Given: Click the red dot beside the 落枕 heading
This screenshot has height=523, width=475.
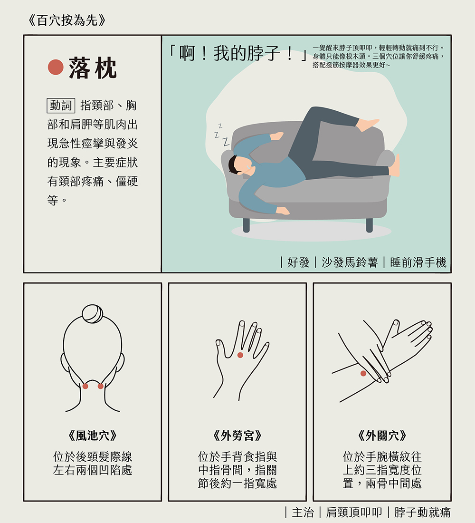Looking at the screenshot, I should [x=56, y=68].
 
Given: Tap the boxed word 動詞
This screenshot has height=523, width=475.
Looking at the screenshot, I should [x=60, y=106].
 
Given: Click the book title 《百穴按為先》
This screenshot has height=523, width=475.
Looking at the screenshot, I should [x=66, y=21].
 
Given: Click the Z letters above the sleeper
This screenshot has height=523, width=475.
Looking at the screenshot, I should [x=221, y=136].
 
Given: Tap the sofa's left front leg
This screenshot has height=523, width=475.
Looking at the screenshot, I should [x=246, y=224].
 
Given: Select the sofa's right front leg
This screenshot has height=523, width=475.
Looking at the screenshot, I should [x=369, y=224].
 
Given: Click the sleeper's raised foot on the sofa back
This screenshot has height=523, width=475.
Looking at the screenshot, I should [x=368, y=125].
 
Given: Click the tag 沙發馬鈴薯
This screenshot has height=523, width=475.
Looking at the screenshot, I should [x=349, y=262].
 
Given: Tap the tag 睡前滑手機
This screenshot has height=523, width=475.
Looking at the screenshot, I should [x=418, y=262].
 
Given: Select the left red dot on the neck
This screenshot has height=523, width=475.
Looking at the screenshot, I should [x=85, y=386].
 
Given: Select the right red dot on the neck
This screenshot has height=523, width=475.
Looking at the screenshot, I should [x=101, y=386].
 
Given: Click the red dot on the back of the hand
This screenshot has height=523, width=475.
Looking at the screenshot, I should [x=240, y=355].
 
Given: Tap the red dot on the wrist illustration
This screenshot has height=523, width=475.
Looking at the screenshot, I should [x=363, y=373].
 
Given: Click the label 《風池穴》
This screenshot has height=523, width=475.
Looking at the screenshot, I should [x=93, y=436].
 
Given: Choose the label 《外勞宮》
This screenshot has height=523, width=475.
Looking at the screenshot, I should [x=237, y=436].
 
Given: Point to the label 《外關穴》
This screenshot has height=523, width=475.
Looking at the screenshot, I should [x=382, y=436].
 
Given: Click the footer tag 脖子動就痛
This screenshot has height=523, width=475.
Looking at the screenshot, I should [x=422, y=512].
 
